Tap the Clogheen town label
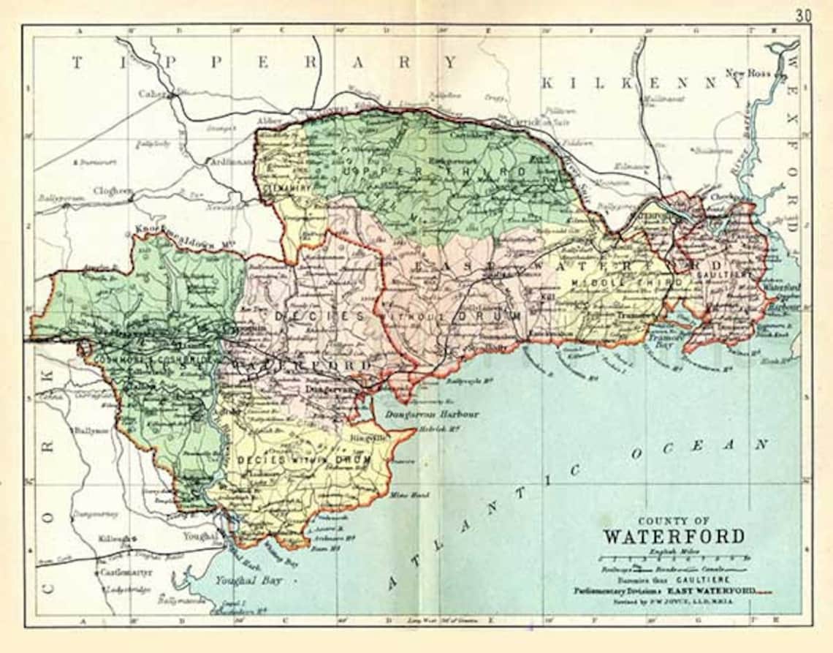[x=114, y=191]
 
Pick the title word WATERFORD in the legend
[x=673, y=536]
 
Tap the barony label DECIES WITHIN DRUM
[x=304, y=460]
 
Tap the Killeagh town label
[x=115, y=539]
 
